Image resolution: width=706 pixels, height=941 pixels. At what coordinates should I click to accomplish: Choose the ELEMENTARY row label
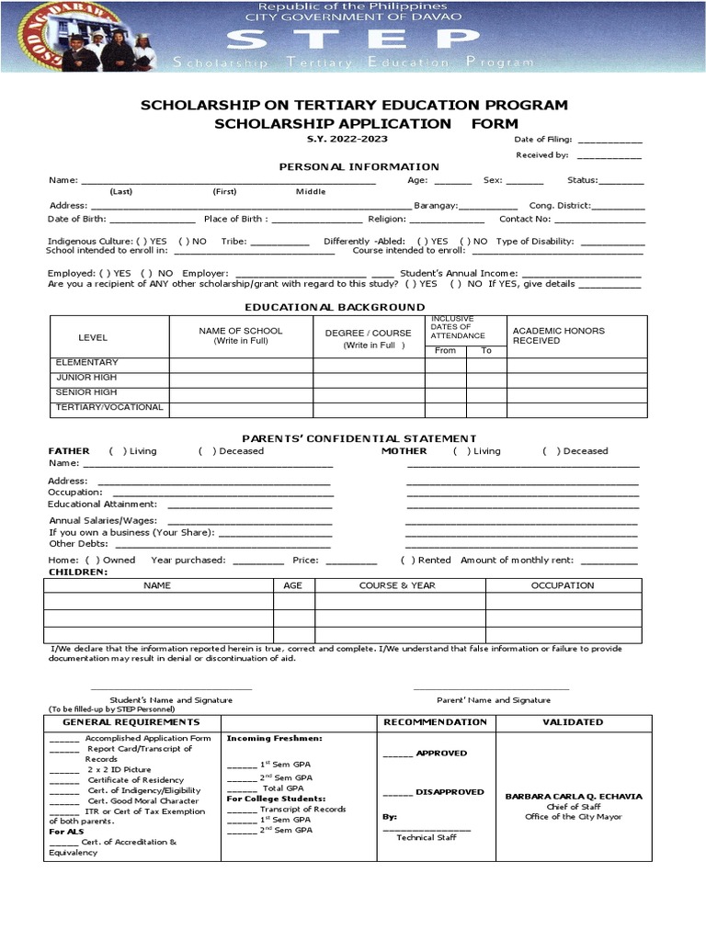87,363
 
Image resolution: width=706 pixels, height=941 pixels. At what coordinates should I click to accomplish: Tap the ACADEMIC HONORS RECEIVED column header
558,335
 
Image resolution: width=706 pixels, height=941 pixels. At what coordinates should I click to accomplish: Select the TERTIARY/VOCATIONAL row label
109,407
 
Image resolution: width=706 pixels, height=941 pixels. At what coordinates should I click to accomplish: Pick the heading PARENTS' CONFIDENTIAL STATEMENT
359,438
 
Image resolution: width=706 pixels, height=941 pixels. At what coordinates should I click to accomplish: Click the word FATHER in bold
69,451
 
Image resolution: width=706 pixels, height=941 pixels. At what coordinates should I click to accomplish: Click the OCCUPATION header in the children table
563,585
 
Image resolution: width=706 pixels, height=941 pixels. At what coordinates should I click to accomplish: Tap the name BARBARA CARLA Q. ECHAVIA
574,797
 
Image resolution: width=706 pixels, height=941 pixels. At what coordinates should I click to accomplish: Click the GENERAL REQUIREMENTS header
132,722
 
